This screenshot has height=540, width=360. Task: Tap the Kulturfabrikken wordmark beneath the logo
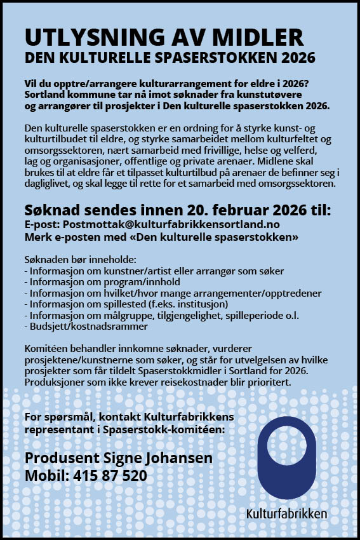point(287,513)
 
